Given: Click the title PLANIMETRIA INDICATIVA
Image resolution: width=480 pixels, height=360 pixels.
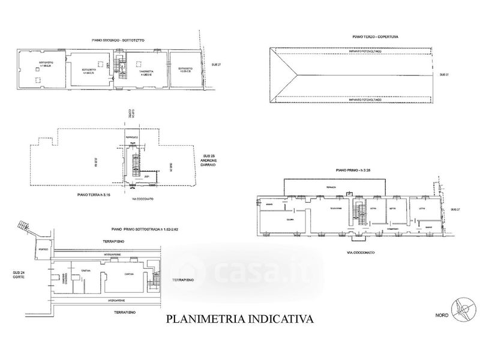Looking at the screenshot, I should click(x=239, y=319).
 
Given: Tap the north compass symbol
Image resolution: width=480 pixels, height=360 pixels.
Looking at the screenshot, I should click(x=461, y=308).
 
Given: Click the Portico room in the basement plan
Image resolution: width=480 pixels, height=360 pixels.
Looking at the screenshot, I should click(x=43, y=250).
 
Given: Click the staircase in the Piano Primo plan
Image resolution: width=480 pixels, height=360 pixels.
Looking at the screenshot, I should click(x=361, y=215).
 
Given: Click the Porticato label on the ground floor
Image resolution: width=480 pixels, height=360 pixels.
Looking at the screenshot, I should click(x=131, y=137).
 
